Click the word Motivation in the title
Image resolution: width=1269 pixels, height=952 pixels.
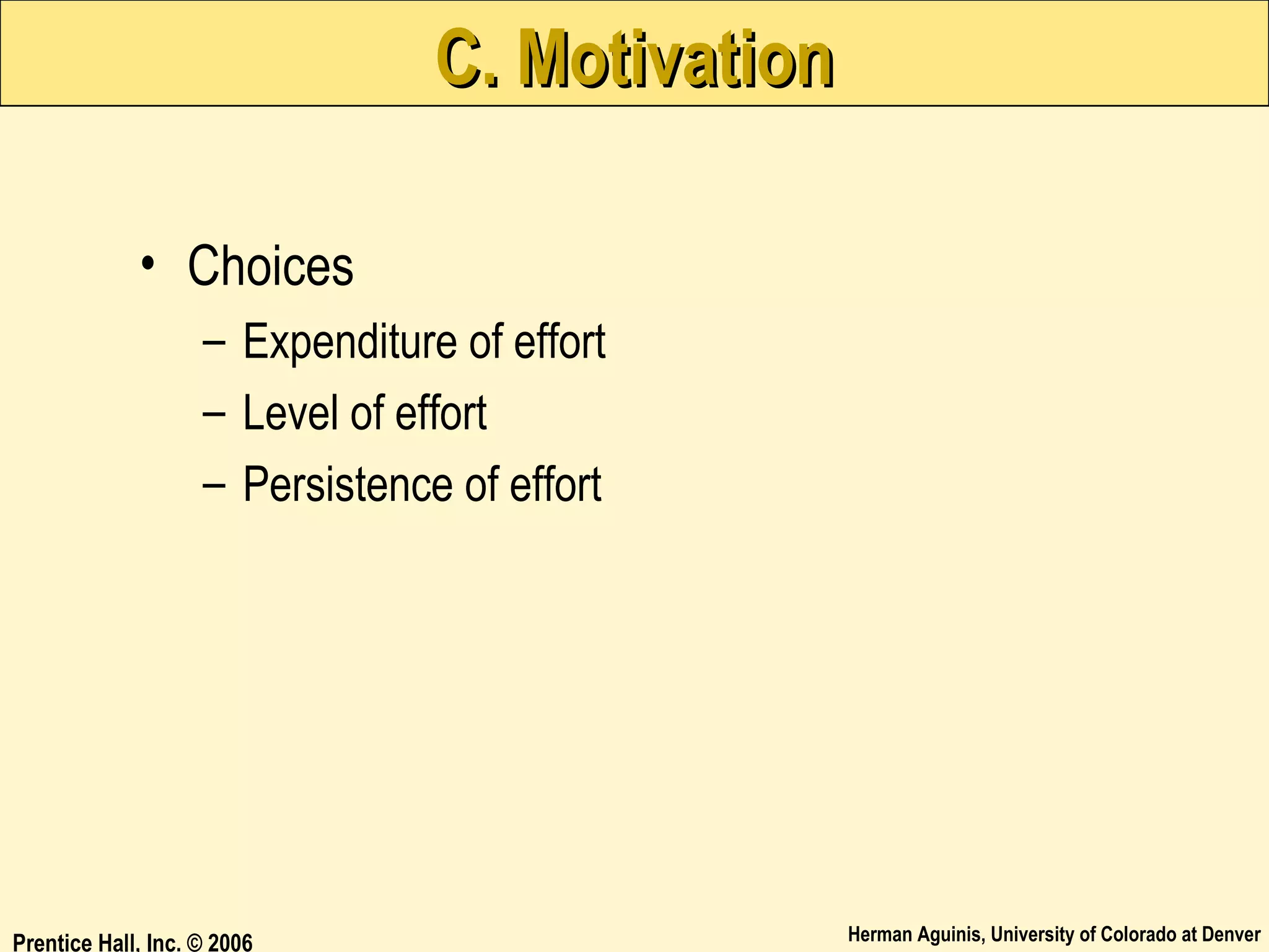tap(675, 59)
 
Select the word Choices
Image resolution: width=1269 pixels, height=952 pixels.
tap(270, 267)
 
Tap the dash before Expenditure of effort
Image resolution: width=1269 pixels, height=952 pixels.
tap(214, 342)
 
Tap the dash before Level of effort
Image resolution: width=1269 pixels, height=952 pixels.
tap(214, 413)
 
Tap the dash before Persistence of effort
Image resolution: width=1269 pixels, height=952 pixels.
tap(214, 485)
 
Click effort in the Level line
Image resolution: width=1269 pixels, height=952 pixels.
tap(441, 413)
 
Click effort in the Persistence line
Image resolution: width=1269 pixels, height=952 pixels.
tap(555, 484)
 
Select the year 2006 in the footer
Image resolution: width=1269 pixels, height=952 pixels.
tap(230, 943)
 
